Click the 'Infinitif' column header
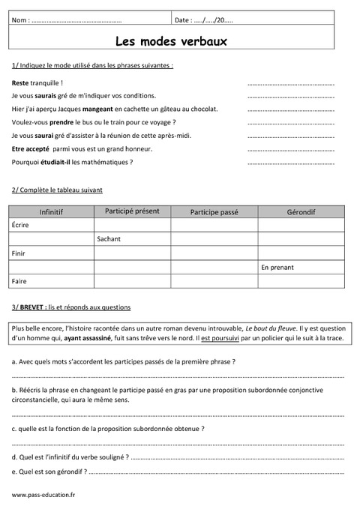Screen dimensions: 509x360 pos(51,212)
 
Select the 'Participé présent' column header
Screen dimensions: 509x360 pos(132,211)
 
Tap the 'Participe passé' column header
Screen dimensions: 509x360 pos(214,212)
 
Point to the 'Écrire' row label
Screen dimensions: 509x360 pos(22,225)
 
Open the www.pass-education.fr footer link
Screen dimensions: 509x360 pos(43,495)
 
